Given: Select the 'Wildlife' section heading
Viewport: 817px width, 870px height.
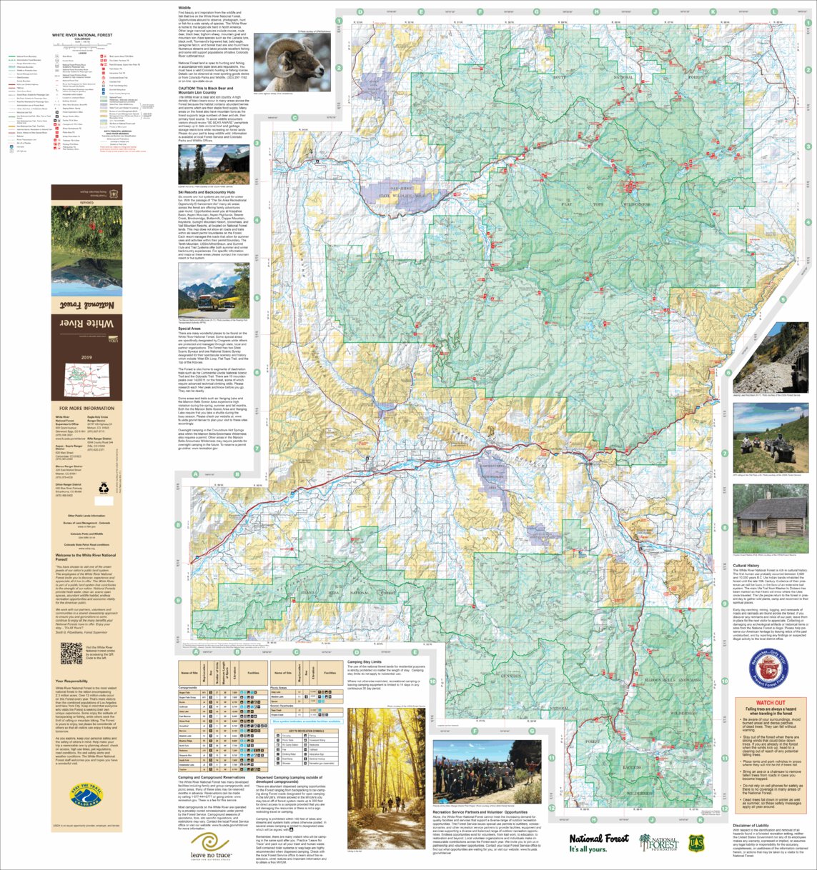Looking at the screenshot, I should click(x=184, y=7).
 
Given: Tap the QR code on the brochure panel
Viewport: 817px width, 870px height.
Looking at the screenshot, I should click(x=71, y=653).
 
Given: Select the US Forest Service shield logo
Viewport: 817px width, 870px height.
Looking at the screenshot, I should click(x=700, y=843).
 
